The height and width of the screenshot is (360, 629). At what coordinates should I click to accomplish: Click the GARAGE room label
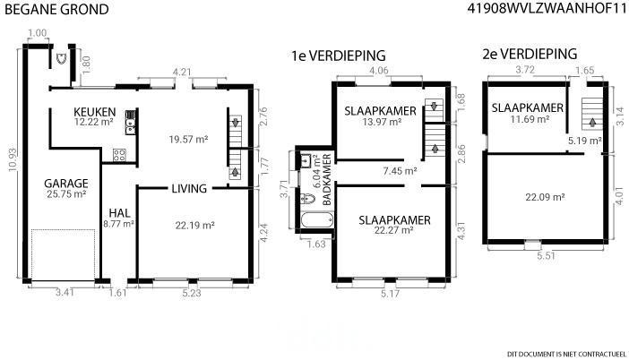[66, 184]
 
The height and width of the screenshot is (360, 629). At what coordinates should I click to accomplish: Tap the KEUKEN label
[95, 112]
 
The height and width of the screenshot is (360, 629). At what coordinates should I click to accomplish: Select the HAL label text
[119, 213]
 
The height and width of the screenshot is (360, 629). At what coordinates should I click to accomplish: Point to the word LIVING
[189, 188]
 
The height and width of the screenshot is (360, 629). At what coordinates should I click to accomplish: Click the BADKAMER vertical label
[327, 179]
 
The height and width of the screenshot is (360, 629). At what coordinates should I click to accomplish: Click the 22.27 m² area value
[394, 230]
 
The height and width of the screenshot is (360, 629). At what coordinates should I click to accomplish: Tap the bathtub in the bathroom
[317, 219]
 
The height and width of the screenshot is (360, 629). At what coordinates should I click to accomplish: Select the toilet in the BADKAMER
[307, 198]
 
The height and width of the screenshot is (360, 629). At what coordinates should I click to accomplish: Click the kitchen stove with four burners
[119, 155]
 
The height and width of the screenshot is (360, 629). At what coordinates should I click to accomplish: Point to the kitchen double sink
[131, 123]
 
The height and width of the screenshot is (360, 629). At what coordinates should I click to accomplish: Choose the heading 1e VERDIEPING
[338, 56]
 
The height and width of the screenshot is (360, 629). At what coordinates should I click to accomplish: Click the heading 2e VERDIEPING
[530, 54]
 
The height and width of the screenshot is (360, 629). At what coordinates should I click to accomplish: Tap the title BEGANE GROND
[56, 10]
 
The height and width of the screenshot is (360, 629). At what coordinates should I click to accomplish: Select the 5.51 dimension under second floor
[546, 255]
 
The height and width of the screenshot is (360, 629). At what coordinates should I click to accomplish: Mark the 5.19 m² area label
[585, 141]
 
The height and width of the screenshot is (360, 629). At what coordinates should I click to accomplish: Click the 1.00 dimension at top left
[38, 33]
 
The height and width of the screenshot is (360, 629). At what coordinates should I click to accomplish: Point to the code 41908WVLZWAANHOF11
[547, 8]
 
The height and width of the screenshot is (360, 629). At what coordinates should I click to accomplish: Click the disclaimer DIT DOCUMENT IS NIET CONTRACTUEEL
[566, 354]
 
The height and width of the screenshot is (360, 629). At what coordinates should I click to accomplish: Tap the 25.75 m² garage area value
[66, 194]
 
